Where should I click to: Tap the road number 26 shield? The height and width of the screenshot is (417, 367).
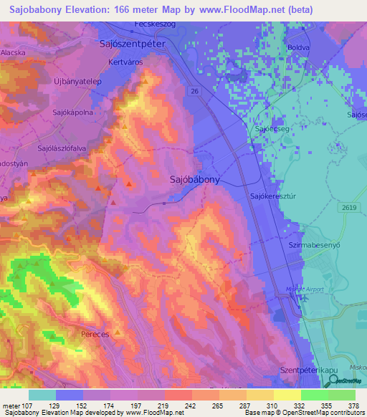[194, 91]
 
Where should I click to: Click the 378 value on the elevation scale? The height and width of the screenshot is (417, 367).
[353, 406]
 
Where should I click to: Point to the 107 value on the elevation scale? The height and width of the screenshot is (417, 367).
[28, 406]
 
